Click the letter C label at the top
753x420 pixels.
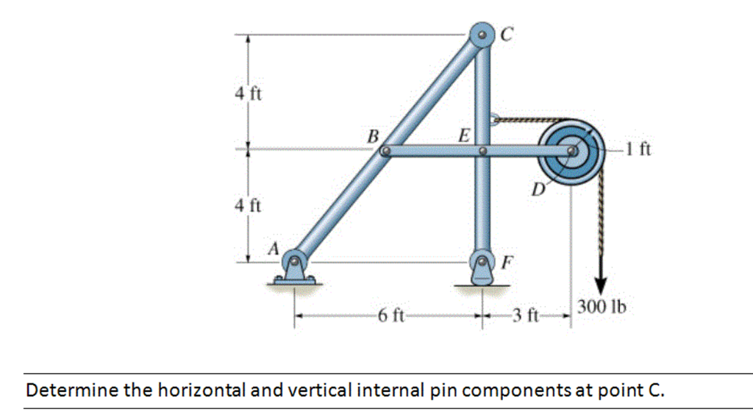tap(507, 34)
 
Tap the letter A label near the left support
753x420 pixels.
tap(274, 249)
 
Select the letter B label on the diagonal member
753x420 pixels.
tap(373, 137)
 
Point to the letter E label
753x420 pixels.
tap(464, 135)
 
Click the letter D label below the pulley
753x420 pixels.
tap(538, 190)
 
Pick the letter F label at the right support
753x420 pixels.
tap(507, 262)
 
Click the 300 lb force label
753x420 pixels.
tap(602, 306)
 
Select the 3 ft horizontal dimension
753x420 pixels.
tap(525, 316)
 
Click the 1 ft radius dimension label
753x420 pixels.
tap(638, 149)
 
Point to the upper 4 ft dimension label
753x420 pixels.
tap(249, 93)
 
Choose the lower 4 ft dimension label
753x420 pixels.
tap(248, 205)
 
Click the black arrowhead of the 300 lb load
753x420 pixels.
tap(601, 285)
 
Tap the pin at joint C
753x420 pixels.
tap(482, 35)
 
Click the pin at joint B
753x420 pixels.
tap(385, 152)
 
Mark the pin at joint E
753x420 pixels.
tap(482, 152)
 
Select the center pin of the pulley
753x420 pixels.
tap(571, 151)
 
